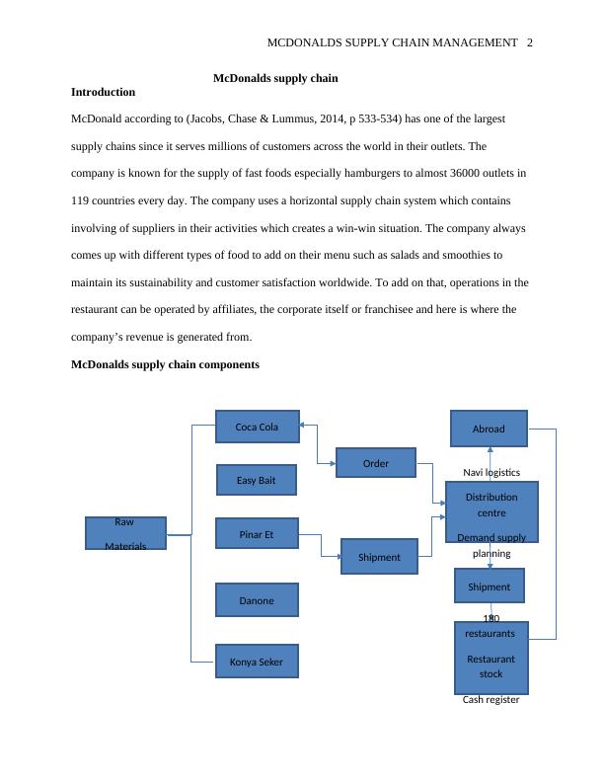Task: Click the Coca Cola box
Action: pos(257,427)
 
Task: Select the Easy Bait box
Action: pos(256,480)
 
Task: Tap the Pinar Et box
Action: pos(257,534)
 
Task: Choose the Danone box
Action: pos(257,599)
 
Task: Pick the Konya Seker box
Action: pos(257,661)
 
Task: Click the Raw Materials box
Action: pos(125,533)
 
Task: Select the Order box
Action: pos(376,462)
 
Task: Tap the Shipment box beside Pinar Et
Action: pos(379,557)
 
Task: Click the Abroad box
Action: pos(489,429)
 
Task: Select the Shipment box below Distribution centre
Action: pos(489,586)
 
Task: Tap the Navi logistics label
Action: pos(491,472)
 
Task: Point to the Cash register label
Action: pos(491,699)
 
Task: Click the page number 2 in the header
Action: pos(530,42)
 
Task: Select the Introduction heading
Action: pos(104,92)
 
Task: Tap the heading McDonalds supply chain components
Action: pos(165,364)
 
